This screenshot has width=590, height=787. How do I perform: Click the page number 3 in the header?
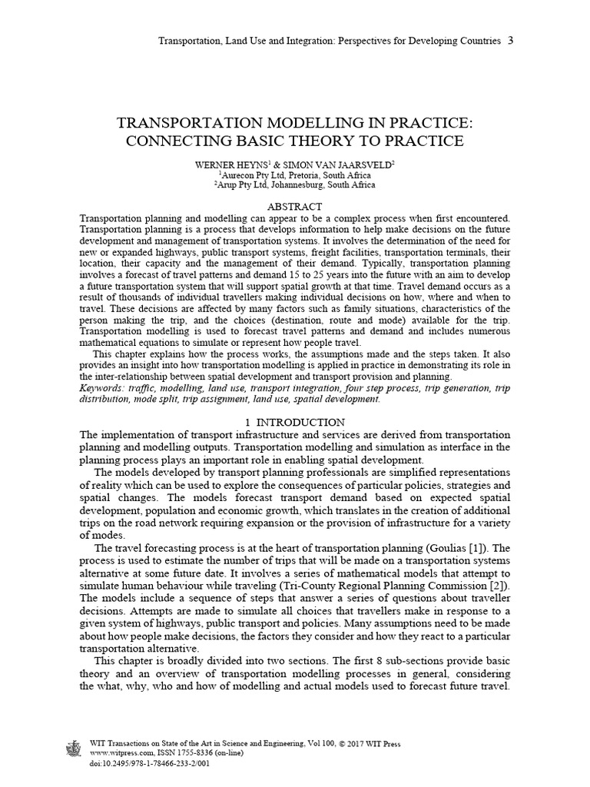[x=511, y=40]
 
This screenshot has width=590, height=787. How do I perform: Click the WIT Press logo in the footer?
[x=74, y=750]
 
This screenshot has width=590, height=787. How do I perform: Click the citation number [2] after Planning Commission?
[x=501, y=587]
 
